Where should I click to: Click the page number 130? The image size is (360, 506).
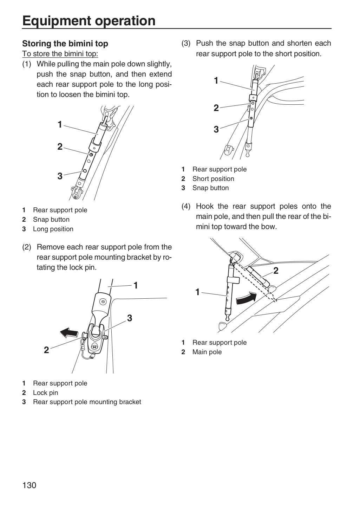tap(30, 485)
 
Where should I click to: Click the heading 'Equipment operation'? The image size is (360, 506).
tap(89, 21)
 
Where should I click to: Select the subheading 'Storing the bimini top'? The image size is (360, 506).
tap(65, 44)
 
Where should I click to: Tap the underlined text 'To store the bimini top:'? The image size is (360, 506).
tap(60, 54)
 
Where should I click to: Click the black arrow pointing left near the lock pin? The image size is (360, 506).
tap(69, 333)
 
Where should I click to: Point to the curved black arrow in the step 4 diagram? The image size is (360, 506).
tap(247, 298)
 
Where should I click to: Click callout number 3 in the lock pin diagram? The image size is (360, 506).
tap(129, 318)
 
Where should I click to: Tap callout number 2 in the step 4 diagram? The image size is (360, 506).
tap(276, 271)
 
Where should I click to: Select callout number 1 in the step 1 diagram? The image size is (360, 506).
tap(60, 124)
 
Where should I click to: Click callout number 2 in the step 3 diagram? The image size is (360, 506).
tap(216, 108)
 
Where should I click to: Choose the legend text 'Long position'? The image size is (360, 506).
tap(53, 229)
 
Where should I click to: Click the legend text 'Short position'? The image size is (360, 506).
tap(213, 179)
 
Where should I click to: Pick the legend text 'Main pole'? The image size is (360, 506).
tap(207, 352)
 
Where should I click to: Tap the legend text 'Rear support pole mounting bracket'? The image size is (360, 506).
tap(87, 402)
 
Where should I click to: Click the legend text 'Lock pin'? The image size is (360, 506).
tap(46, 393)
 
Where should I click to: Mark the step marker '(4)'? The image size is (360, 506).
tap(186, 206)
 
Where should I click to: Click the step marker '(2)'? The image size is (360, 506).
tap(27, 247)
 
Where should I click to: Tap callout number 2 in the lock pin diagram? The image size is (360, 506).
tap(46, 350)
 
